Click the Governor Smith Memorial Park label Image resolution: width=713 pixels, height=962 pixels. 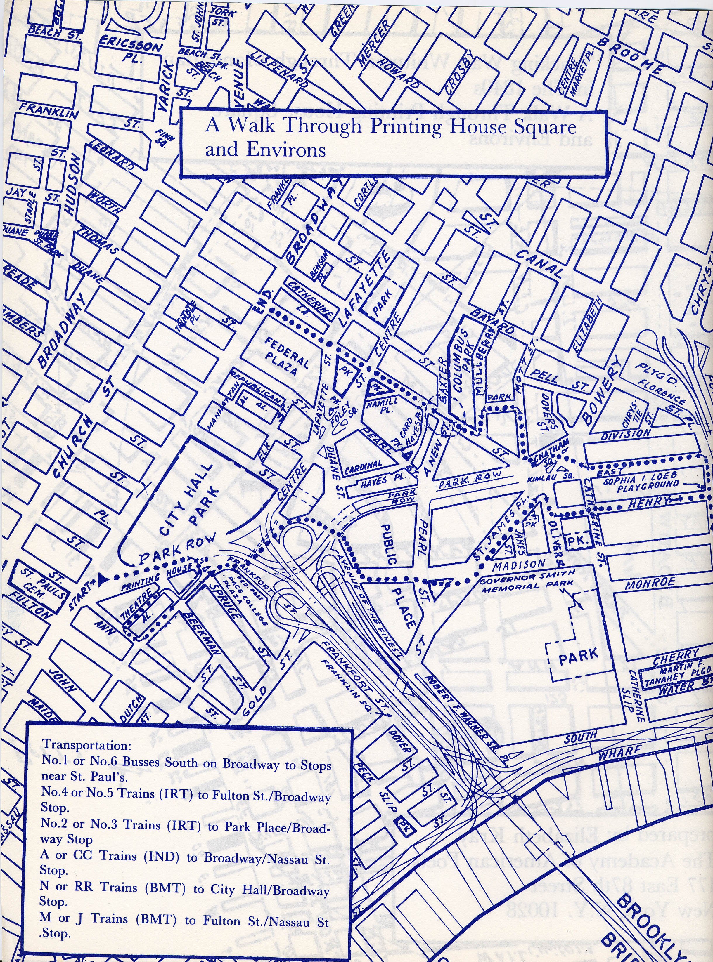coord(527,579)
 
